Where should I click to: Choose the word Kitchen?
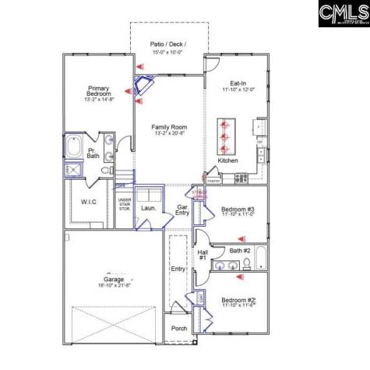[227, 160]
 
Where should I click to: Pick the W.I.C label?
[88, 201]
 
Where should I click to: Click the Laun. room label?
[147, 208]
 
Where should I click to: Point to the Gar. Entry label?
[182, 210]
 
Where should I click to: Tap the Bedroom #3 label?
[238, 210]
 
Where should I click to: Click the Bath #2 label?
[240, 251]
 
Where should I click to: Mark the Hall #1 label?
[202, 255]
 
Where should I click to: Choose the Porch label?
[179, 328]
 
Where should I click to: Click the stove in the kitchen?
[241, 178]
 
